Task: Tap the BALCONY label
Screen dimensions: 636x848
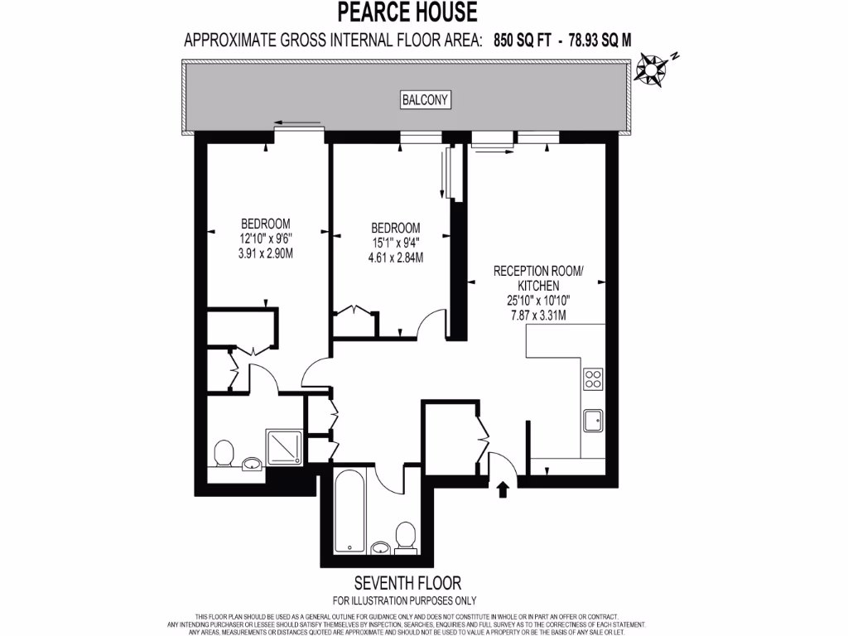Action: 425,100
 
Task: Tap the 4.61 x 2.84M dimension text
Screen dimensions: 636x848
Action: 395,258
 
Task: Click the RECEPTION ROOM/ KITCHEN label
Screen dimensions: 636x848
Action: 538,277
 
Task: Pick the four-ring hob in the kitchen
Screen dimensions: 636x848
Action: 594,379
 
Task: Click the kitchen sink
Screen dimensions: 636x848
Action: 594,421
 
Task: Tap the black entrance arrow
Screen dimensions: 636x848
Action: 502,490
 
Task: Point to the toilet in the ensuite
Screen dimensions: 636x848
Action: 222,454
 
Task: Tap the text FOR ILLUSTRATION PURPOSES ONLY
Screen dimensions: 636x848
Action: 404,600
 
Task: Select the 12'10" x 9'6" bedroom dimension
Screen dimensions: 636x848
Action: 265,238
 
